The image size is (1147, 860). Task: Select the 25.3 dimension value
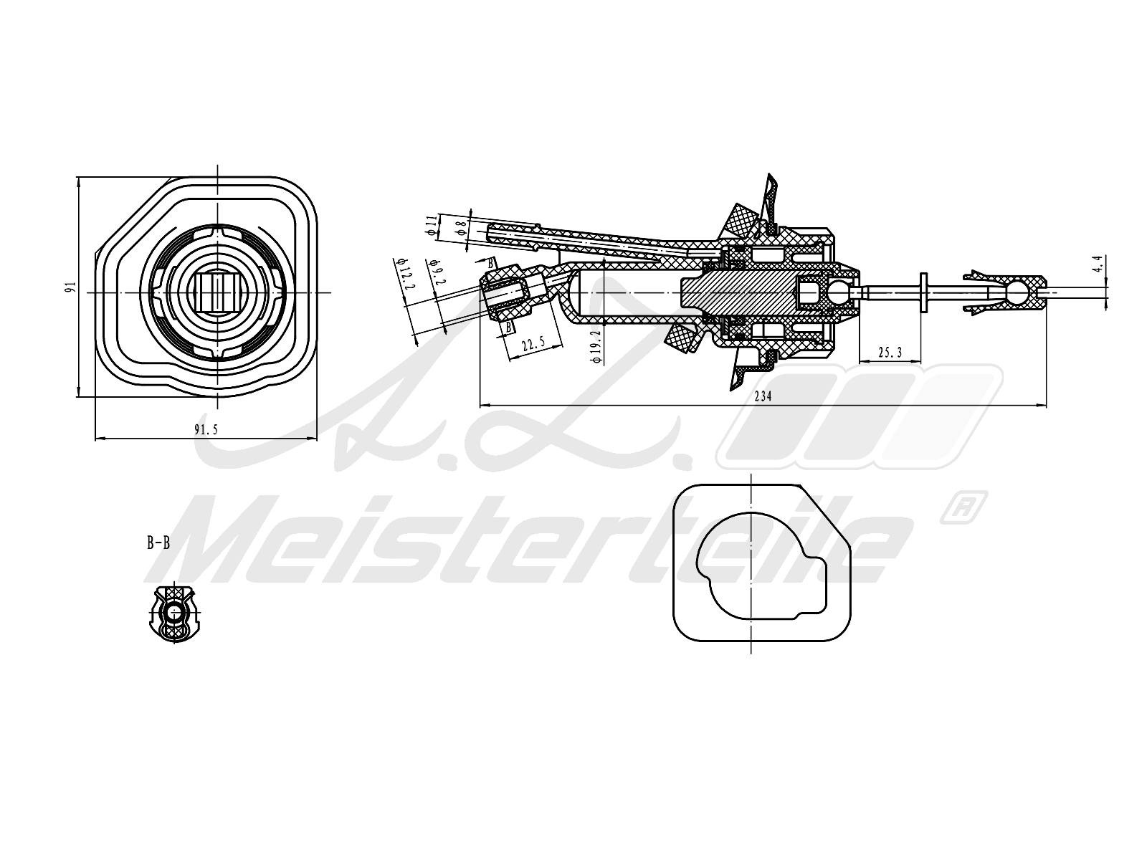pyautogui.click(x=889, y=353)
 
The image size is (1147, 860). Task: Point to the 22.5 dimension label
pyautogui.click(x=533, y=345)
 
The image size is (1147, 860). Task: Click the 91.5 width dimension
pyautogui.click(x=205, y=430)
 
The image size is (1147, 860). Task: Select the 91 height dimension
pyautogui.click(x=70, y=287)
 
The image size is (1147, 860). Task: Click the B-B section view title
pyautogui.click(x=158, y=543)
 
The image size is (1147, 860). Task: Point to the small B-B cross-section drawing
pyautogui.click(x=173, y=613)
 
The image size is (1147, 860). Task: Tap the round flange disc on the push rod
pyautogui.click(x=923, y=292)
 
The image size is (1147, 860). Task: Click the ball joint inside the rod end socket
pyautogui.click(x=1016, y=292)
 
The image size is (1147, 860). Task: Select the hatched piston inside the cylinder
pyautogui.click(x=746, y=292)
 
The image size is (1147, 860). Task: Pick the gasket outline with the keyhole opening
pyautogui.click(x=762, y=563)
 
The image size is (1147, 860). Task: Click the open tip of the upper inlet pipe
pyautogui.click(x=491, y=231)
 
